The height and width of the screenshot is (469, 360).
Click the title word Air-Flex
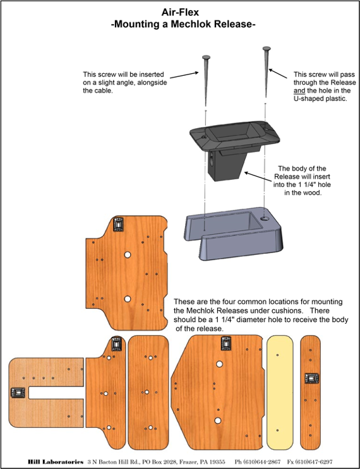(180, 12)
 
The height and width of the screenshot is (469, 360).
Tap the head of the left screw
(206, 57)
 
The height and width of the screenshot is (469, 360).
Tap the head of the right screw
(267, 48)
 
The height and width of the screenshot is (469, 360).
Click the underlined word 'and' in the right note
(299, 91)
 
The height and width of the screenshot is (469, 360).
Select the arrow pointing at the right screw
(278, 74)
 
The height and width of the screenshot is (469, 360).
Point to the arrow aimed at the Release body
(259, 177)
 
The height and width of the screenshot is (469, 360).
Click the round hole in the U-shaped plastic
(264, 218)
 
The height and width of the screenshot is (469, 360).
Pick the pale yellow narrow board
(280, 393)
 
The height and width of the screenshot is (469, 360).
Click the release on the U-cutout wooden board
(17, 393)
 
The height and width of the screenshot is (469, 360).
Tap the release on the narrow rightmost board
(311, 378)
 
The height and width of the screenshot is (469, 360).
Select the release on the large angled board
(227, 343)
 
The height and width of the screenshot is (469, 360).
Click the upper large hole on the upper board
(128, 255)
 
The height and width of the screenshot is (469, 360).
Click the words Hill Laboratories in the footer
(56, 462)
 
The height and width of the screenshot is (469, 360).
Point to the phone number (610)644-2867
(258, 462)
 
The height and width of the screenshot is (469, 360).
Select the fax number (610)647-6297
(309, 462)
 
